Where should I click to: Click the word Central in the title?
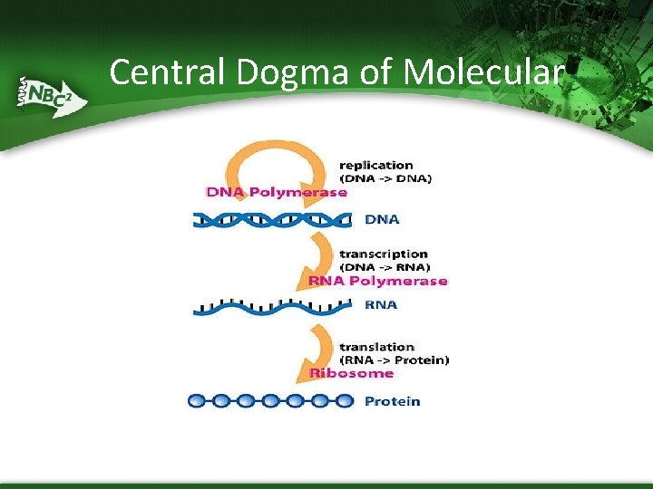coord(171,72)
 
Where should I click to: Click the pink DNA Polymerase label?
coord(277,192)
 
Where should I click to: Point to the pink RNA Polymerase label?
coord(378,281)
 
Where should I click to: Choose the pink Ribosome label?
coord(352,373)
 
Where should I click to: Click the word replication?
coord(375,165)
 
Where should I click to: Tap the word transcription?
coord(383,254)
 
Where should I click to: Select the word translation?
coord(376,347)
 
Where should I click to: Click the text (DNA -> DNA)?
coord(385,178)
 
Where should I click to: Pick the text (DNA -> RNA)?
coord(385,267)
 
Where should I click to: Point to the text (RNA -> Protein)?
coord(394,360)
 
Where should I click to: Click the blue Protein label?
coord(392,401)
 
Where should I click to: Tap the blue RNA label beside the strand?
coord(381,305)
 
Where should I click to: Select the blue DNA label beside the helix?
coord(382,219)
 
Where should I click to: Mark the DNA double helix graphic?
coord(272,219)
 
